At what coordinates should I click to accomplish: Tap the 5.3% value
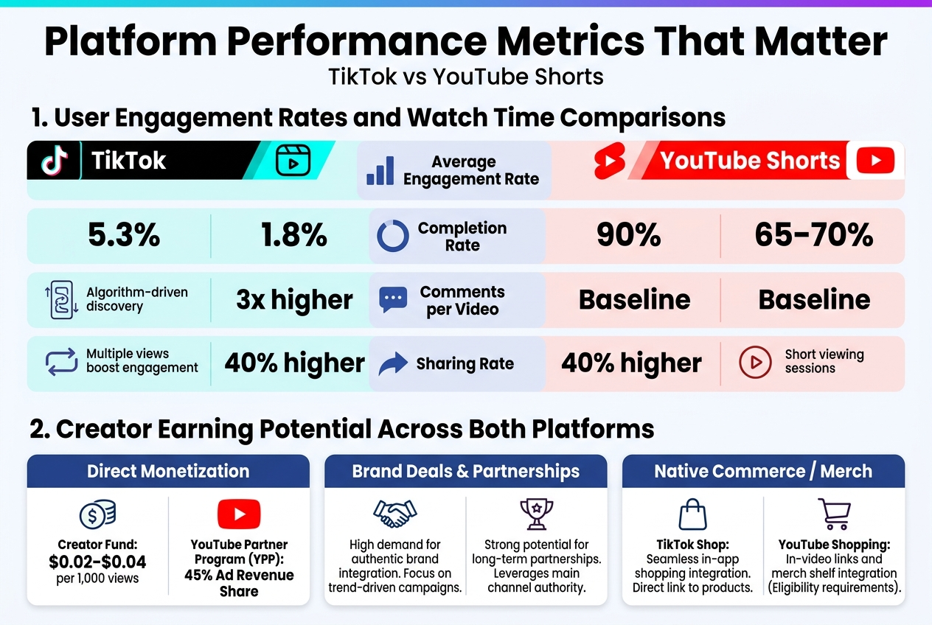click(124, 235)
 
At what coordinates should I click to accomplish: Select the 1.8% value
click(293, 235)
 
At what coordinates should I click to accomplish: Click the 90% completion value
click(628, 235)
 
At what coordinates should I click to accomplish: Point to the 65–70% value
click(813, 235)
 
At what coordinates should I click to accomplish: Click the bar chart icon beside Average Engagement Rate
click(380, 170)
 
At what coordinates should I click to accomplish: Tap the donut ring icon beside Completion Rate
click(392, 237)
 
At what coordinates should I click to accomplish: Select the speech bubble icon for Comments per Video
click(392, 300)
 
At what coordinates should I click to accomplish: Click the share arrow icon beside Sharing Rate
click(392, 363)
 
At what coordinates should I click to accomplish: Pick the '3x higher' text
click(294, 300)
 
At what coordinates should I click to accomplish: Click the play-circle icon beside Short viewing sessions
click(755, 362)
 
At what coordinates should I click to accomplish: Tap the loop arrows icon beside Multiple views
click(61, 362)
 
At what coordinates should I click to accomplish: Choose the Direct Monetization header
click(168, 471)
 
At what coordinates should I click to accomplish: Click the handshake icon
click(394, 514)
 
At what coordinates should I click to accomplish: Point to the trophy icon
click(536, 513)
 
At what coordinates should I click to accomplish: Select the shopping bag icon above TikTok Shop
click(692, 514)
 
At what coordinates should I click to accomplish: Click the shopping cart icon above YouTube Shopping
click(834, 513)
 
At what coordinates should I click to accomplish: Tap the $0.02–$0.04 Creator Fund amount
click(97, 562)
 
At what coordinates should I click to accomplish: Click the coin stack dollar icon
click(97, 514)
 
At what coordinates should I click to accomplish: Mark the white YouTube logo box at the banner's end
click(875, 160)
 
